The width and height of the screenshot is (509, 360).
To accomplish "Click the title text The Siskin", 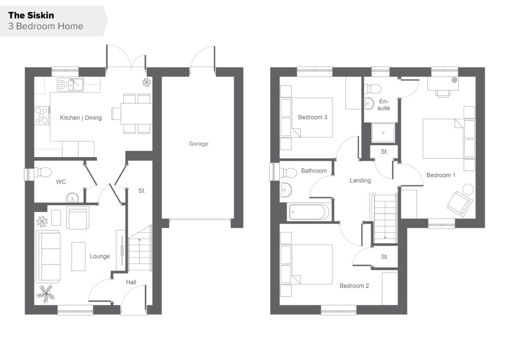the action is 31,15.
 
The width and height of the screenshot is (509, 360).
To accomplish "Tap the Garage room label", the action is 199,144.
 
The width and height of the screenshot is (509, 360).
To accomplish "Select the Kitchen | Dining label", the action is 81,118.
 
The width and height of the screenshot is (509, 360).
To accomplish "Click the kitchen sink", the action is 71,85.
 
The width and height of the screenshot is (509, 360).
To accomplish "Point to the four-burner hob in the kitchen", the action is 42,116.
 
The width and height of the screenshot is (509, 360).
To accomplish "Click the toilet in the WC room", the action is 43,172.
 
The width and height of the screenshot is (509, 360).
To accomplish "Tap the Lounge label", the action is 99,257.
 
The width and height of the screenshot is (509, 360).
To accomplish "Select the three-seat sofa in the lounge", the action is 48,257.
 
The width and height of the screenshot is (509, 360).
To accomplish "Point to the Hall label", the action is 131,282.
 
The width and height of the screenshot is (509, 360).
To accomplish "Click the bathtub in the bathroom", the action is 309,212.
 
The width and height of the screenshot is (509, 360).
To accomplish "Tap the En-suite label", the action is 384,105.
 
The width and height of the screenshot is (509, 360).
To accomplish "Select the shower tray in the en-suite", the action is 383,132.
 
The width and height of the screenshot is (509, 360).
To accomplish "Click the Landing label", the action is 360,180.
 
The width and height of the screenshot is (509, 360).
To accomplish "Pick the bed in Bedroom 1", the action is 443,139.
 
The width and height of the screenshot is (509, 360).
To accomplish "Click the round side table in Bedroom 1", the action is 468,189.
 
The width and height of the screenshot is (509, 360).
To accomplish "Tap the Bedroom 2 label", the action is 354,286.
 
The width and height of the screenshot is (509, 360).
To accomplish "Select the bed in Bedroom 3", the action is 312,117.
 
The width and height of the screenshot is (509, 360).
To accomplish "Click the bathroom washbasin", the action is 286,189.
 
